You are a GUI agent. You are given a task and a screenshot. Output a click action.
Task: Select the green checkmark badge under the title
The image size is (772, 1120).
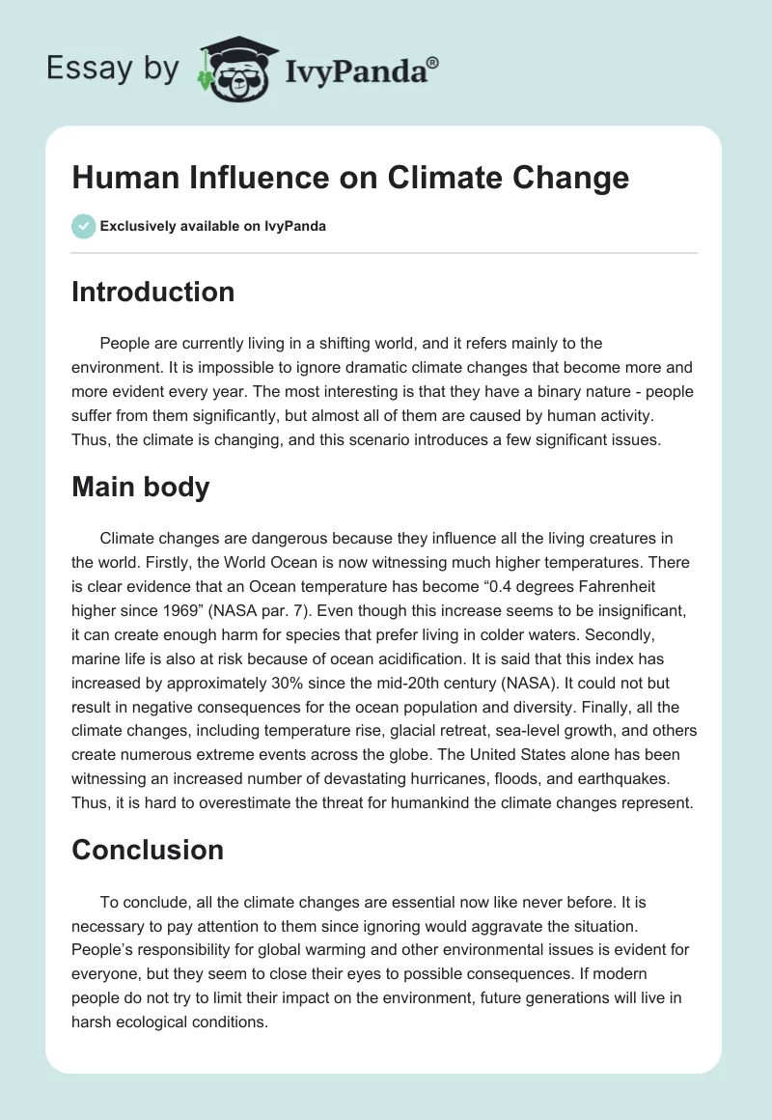pyautogui.click(x=83, y=226)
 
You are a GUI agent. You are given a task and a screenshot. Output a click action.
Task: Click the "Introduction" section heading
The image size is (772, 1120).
pyautogui.click(x=152, y=292)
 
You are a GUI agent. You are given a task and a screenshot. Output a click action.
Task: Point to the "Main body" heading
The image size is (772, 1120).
pyautogui.click(x=140, y=487)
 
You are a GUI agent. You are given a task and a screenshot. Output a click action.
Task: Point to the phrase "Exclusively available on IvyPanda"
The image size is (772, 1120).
pyautogui.click(x=213, y=227)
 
